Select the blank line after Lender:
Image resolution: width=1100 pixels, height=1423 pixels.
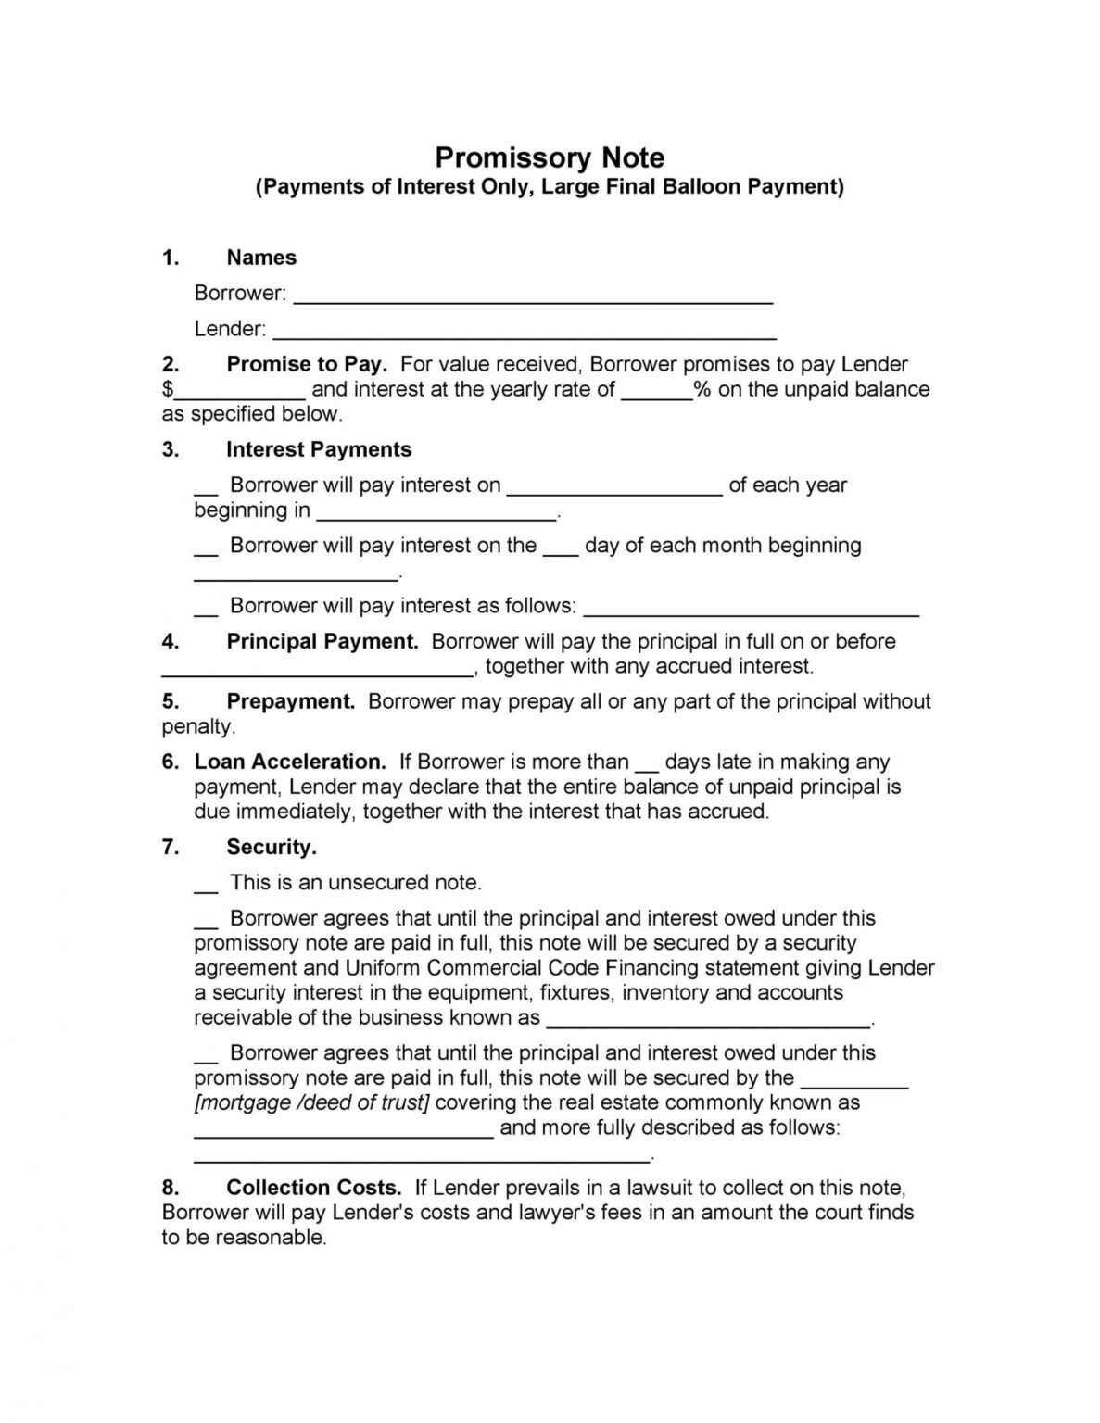pos(525,334)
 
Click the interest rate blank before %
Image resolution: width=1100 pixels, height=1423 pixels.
pos(656,394)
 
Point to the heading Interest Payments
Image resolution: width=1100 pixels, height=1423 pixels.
pos(319,449)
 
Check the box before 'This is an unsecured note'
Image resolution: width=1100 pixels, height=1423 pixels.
pos(206,887)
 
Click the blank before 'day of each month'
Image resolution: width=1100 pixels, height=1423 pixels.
pos(560,550)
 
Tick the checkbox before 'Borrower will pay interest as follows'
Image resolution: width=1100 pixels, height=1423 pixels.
pos(206,611)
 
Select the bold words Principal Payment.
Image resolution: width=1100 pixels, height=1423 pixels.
pos(322,641)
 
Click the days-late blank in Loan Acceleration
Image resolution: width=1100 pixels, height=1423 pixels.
pos(647,767)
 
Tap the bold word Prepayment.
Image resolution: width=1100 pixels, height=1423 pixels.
pos(291,701)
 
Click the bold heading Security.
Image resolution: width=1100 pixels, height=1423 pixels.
pos(272,847)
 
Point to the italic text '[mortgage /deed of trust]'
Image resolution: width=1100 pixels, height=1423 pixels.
pos(311,1102)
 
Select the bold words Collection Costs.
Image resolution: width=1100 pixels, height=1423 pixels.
pos(313,1188)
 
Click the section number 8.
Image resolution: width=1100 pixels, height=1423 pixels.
pos(170,1188)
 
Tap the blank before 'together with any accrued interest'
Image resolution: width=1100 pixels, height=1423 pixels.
pos(318,671)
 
